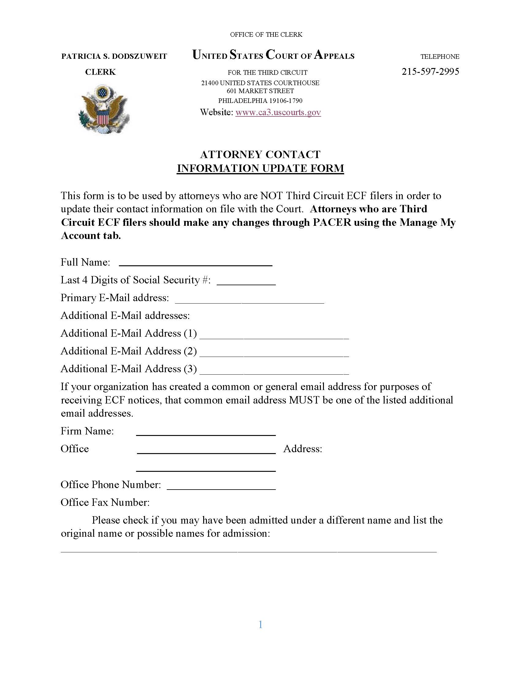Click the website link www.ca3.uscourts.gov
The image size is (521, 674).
[278, 112]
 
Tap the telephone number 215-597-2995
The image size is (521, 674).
[430, 72]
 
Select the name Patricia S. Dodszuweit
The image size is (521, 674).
[114, 56]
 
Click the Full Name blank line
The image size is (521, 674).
[196, 263]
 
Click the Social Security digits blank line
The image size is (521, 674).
[246, 282]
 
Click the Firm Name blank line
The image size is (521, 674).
[206, 432]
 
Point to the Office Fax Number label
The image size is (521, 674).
[105, 502]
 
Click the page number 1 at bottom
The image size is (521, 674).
[260, 625]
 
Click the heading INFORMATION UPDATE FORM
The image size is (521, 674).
[260, 168]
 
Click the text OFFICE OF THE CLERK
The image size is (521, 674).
[266, 35]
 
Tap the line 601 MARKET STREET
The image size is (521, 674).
[260, 91]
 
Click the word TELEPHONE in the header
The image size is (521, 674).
[439, 57]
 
